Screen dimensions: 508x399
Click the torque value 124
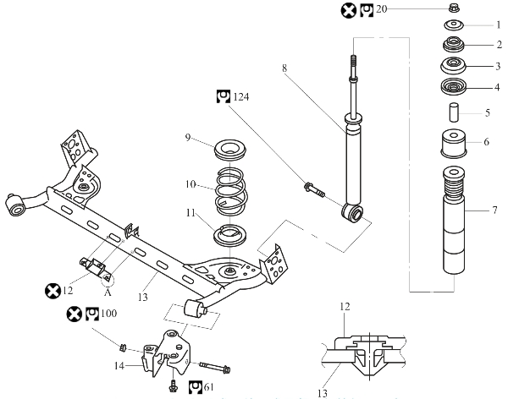click(x=241, y=96)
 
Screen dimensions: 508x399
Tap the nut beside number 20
click(x=454, y=8)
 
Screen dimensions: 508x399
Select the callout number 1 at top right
click(x=499, y=25)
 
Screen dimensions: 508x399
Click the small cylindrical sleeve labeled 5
click(x=454, y=112)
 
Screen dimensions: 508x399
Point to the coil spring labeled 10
click(x=230, y=191)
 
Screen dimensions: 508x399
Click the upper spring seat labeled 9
click(x=230, y=150)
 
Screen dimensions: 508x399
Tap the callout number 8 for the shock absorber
click(x=284, y=68)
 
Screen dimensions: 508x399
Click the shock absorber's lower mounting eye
click(x=353, y=213)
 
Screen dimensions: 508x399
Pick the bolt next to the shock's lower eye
click(x=314, y=189)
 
